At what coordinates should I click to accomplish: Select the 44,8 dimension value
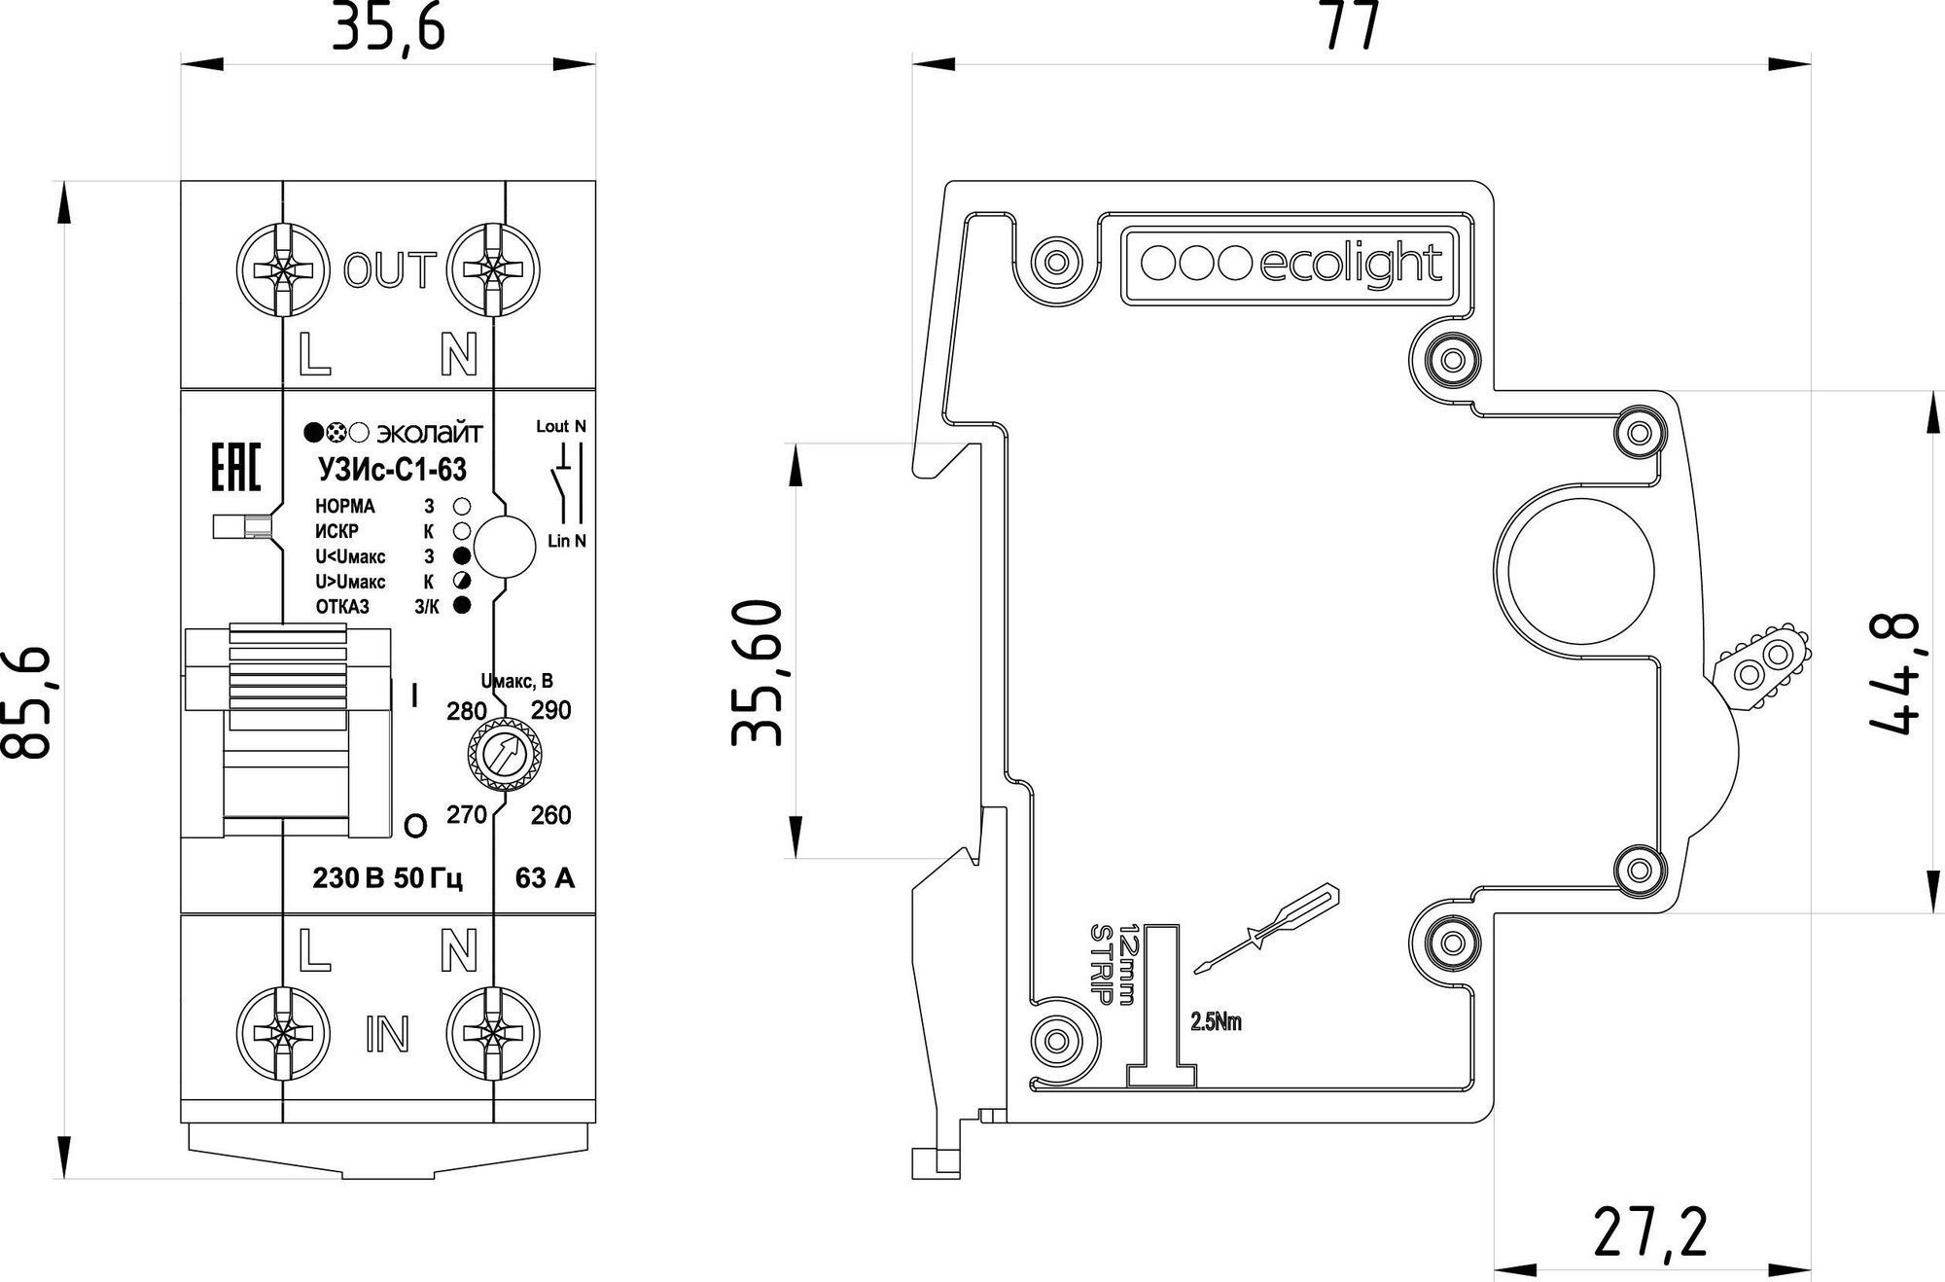(x=1892, y=673)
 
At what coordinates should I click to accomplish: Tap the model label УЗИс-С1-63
(x=392, y=470)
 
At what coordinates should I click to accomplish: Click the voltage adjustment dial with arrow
(x=505, y=753)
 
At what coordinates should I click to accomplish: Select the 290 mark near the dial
(x=550, y=710)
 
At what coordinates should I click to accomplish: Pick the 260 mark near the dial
(x=550, y=815)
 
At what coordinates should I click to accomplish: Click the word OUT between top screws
(x=388, y=271)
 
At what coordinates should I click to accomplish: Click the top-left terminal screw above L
(x=281, y=269)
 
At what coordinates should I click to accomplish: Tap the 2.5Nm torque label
(x=1216, y=1022)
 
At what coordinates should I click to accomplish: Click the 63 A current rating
(x=545, y=879)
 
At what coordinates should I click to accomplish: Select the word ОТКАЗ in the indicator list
(x=342, y=607)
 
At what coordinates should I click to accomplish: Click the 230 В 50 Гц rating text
(x=387, y=879)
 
